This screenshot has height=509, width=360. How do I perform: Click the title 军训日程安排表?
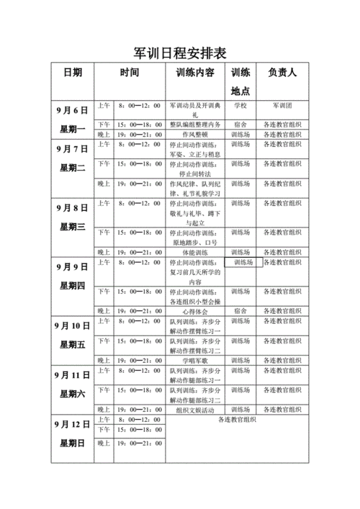[180, 53]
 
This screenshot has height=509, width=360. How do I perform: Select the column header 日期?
[72, 73]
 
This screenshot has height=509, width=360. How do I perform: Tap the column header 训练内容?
[195, 73]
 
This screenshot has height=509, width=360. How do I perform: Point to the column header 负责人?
[282, 73]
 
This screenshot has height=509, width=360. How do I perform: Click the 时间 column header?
[130, 73]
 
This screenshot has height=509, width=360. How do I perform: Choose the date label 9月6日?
[72, 110]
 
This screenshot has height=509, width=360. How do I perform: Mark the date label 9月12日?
[72, 424]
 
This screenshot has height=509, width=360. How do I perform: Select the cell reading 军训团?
[282, 105]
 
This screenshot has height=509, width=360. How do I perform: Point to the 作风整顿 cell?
[195, 134]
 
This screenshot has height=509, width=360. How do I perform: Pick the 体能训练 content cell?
[195, 253]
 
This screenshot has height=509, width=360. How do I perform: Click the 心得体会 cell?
[195, 311]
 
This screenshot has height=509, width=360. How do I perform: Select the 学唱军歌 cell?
[195, 360]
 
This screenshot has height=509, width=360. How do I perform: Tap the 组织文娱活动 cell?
[195, 409]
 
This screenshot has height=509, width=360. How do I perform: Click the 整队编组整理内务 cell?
[195, 125]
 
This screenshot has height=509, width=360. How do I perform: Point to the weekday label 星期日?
[72, 443]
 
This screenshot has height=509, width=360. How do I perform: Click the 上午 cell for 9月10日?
[104, 320]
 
